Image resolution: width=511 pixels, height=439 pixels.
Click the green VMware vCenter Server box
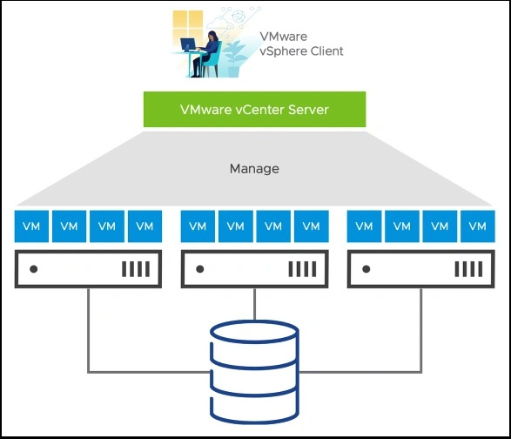coord(254,109)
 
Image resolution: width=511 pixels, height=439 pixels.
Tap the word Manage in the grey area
coord(254,169)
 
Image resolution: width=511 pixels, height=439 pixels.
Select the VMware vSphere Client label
coord(301,44)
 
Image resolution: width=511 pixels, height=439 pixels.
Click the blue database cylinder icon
coord(254,372)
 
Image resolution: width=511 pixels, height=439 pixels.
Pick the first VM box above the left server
coord(31,226)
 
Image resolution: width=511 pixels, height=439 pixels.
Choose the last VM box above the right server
coord(477,226)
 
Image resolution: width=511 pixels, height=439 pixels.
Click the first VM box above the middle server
coord(198,226)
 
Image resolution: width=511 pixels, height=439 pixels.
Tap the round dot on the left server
coord(34,269)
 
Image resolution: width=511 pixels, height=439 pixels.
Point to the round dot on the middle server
coord(199,269)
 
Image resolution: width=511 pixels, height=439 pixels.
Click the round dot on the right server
coord(366,269)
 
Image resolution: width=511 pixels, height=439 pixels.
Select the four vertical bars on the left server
coord(136,269)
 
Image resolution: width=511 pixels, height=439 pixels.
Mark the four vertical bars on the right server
coord(468,269)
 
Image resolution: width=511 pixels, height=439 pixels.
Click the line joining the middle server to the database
coord(254,304)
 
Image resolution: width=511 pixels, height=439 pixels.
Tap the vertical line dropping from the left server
coord(88,330)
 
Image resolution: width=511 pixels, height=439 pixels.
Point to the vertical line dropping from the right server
coord(421,330)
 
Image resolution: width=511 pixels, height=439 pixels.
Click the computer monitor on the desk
coord(188,44)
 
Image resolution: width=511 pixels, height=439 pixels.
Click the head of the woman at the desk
coord(212,36)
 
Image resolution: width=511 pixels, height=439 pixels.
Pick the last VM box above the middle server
coord(312,226)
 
